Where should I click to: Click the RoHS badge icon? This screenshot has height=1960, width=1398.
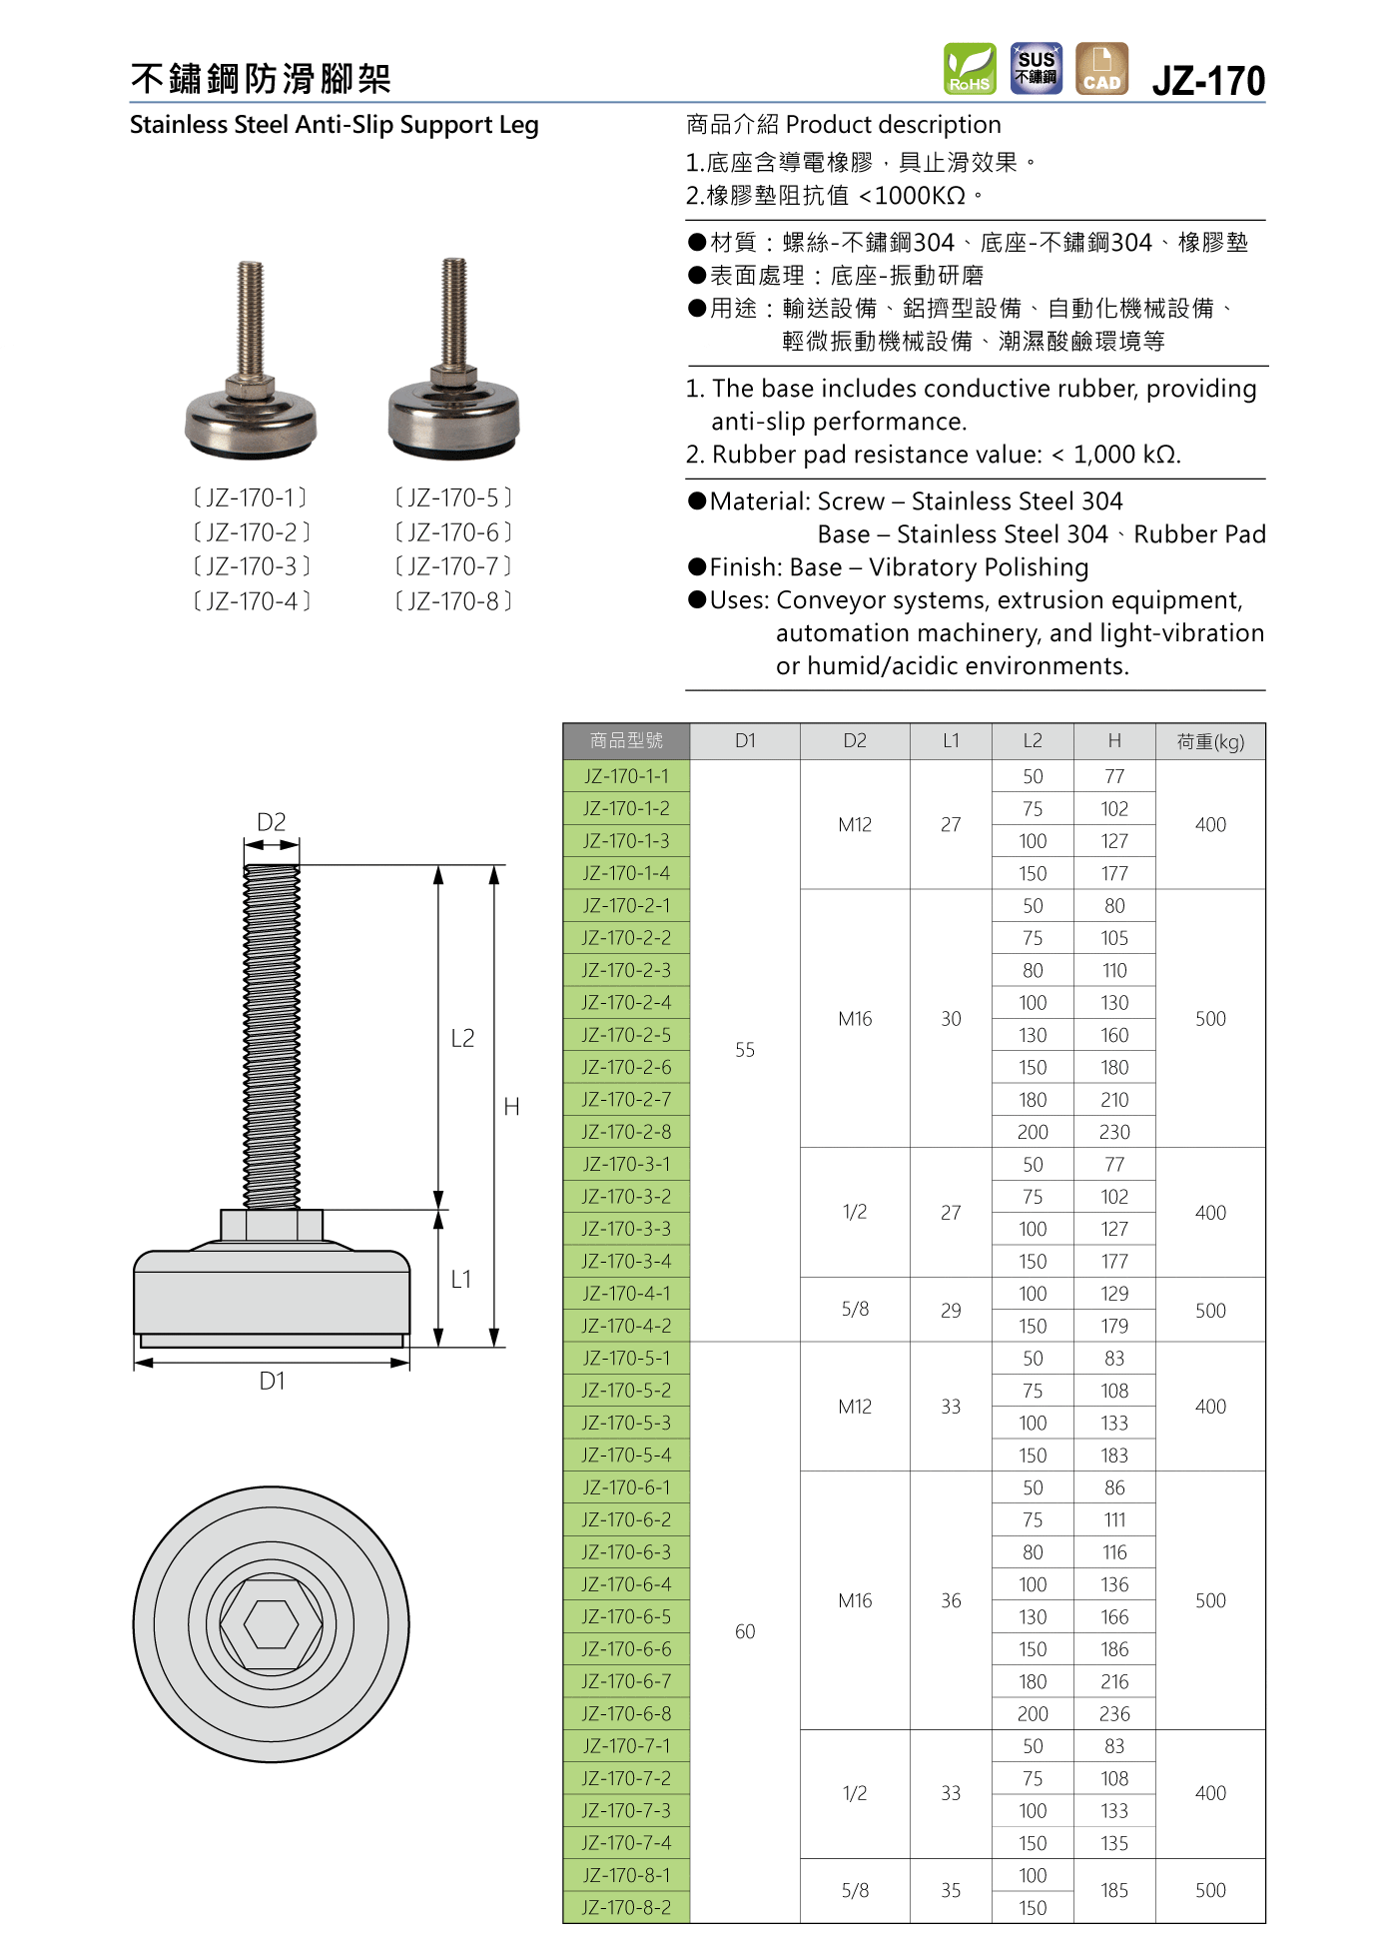[x=970, y=68]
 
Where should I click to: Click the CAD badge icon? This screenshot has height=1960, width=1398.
[x=1101, y=68]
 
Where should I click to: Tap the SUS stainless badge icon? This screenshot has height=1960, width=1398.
[x=1036, y=68]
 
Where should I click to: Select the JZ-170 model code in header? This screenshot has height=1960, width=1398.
[x=1208, y=81]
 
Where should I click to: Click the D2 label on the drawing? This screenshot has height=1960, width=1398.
[x=272, y=822]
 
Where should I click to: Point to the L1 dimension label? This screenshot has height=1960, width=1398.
[x=461, y=1279]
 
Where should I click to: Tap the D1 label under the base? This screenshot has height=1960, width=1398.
[x=272, y=1381]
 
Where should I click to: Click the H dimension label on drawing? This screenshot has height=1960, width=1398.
[x=511, y=1107]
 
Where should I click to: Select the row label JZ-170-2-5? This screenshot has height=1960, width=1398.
[x=626, y=1035]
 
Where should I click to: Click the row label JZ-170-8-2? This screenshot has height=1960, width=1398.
[x=626, y=1907]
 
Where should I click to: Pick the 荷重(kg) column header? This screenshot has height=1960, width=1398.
[x=1210, y=741]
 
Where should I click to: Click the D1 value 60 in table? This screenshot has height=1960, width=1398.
[x=745, y=1631]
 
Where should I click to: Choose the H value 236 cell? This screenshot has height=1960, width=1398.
[x=1114, y=1713]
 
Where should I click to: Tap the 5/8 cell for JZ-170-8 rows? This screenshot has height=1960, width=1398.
[x=855, y=1890]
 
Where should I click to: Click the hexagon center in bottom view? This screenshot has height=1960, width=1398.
[x=272, y=1624]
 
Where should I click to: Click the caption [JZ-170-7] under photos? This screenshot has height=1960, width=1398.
[x=453, y=566]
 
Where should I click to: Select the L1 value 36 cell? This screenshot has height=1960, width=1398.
[x=951, y=1600]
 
